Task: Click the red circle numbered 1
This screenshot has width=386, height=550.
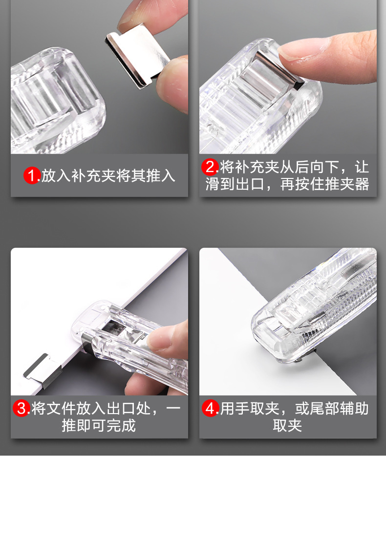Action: [32, 176]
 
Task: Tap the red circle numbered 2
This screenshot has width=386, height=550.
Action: [210, 167]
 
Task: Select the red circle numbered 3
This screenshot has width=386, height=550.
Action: [21, 408]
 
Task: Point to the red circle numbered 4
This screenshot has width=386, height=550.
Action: [210, 408]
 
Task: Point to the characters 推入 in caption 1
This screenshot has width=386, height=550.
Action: [161, 176]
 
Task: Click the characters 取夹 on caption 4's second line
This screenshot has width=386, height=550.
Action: [287, 425]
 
